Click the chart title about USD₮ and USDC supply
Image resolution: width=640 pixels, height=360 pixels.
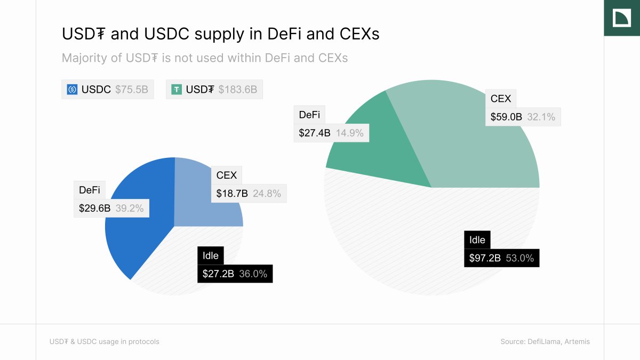coord(220,34)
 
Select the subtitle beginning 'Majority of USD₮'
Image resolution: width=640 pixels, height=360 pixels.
coord(204,58)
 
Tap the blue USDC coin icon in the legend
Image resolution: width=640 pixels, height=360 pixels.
coord(72,90)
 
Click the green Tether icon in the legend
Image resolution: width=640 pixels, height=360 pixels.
coord(177,90)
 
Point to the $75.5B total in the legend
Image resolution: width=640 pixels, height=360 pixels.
coord(131,90)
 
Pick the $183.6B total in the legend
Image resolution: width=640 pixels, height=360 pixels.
coord(237,90)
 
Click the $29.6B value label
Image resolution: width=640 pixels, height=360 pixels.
coord(95,209)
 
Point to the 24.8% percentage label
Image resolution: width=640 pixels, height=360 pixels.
coord(267,194)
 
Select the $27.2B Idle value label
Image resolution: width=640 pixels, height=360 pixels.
coord(218,274)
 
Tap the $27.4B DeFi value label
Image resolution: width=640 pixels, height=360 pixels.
coord(315,133)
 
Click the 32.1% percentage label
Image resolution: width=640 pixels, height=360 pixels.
coord(541,117)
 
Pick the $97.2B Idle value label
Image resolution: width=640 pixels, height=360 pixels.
coord(485,258)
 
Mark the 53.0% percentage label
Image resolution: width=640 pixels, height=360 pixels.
coord(519,258)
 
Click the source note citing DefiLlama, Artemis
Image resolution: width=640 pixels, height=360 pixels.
coord(545,341)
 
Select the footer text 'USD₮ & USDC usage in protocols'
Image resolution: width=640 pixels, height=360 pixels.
coord(105,341)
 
